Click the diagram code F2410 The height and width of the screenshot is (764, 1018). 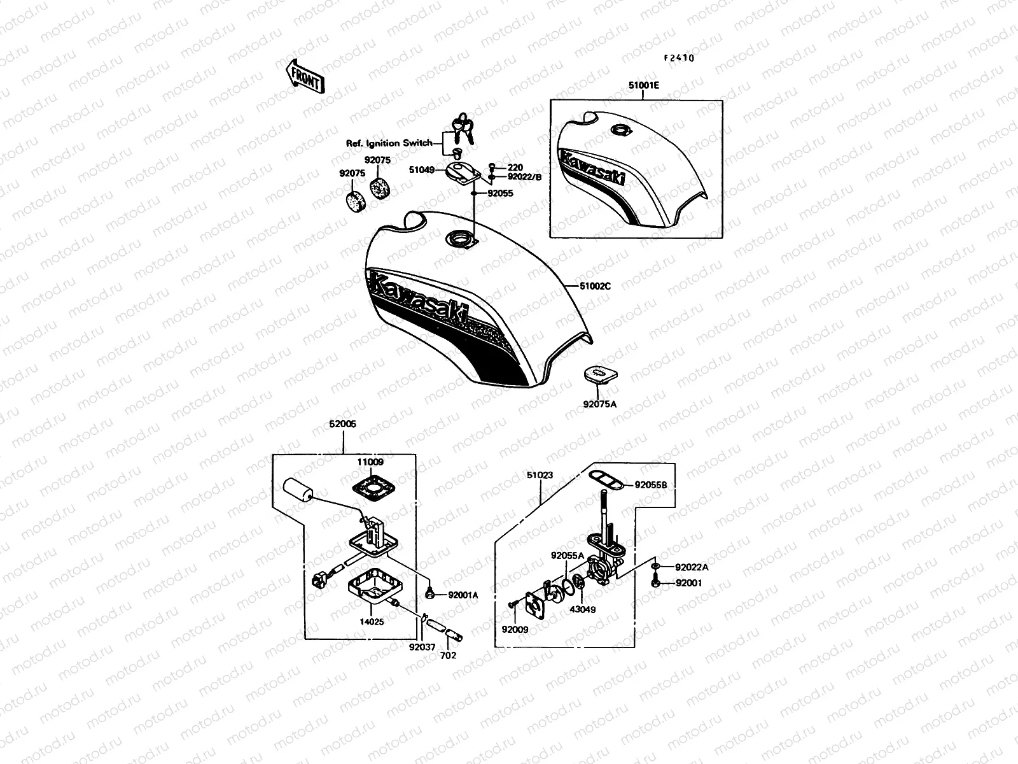point(679,58)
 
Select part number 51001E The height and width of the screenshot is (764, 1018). point(642,84)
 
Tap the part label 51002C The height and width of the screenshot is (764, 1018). point(595,286)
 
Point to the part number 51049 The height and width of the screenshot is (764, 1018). point(422,170)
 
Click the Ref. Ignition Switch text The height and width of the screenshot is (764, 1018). point(388,144)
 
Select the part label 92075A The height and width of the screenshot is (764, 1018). point(599,403)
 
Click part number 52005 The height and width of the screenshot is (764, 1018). point(343,423)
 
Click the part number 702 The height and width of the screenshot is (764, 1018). point(449,655)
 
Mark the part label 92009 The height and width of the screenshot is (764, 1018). point(515,630)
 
